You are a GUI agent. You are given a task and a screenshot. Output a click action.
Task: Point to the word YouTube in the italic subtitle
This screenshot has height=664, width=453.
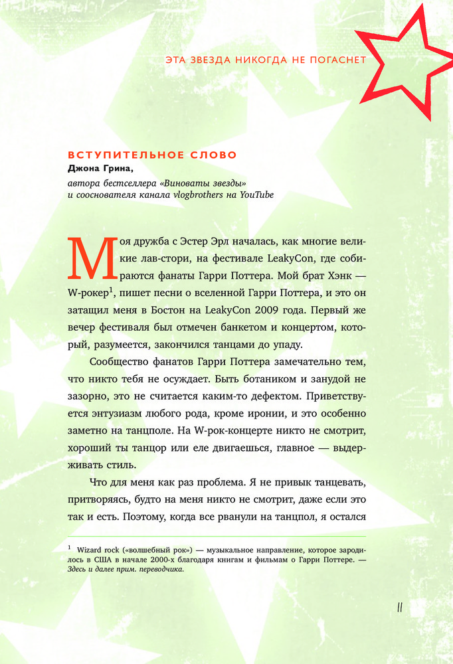[256, 195]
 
